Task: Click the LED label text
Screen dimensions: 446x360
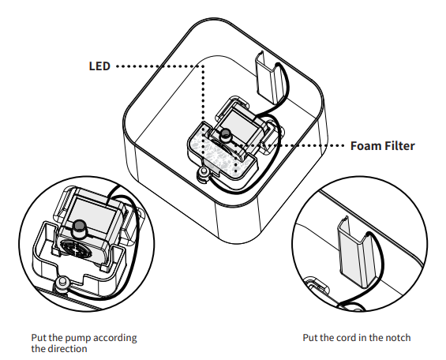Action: coord(99,66)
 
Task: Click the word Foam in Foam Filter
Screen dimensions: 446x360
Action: coord(365,145)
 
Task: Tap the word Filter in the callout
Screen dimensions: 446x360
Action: coord(399,145)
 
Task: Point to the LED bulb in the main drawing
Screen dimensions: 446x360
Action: coord(226,133)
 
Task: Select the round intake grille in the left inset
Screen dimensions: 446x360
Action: coord(75,249)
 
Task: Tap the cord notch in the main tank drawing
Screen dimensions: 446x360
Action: coord(269,78)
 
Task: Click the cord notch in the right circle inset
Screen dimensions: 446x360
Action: coord(358,252)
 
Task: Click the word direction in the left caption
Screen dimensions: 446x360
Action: coord(67,349)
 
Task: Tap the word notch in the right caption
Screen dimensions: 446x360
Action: coord(398,338)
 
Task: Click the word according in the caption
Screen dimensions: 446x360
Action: coord(115,339)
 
